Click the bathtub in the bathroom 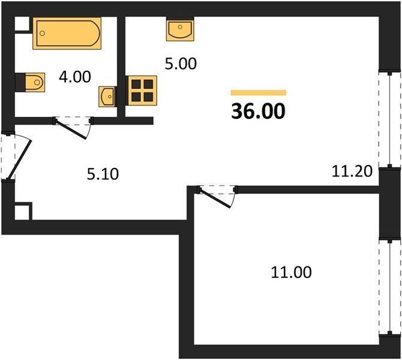click(67, 34)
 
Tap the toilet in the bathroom click(35, 82)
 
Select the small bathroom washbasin click(107, 97)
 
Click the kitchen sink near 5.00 click(180, 29)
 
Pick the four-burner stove click(142, 91)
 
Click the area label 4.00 click(75, 77)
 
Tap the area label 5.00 click(181, 64)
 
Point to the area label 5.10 click(103, 174)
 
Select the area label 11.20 click(352, 171)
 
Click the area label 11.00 click(291, 272)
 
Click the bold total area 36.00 click(258, 111)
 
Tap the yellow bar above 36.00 click(259, 92)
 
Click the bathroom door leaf click(71, 130)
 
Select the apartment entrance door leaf click(19, 159)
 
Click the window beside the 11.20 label click(389, 120)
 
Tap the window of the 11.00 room click(389, 287)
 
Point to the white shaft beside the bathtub click(22, 24)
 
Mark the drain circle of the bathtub click(43, 34)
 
